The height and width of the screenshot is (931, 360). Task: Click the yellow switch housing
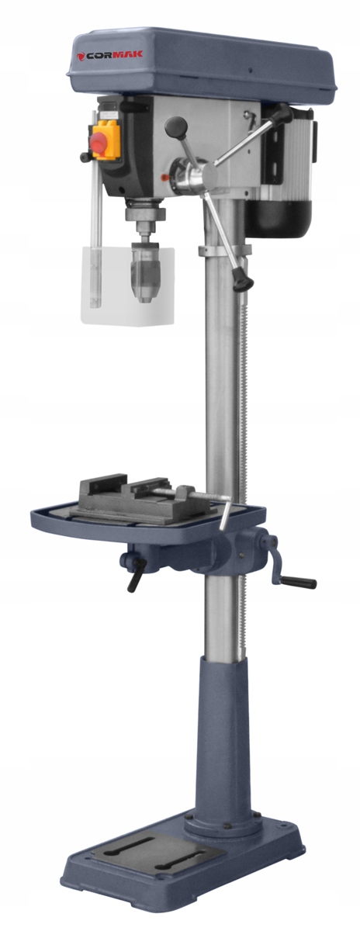pos(106,140)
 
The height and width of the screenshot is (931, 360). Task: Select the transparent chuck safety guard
pos(127,286)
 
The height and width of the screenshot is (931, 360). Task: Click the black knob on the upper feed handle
pos(176,126)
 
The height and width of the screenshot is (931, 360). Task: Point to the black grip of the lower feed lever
pos(242,279)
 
